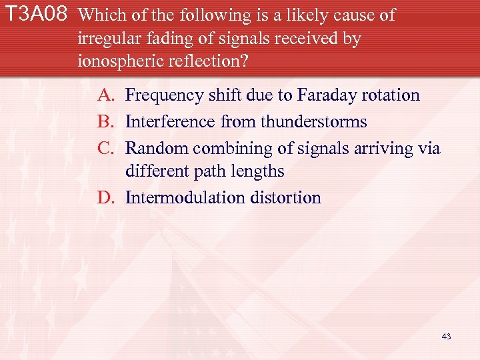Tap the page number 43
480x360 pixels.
446,337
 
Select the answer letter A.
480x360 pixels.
105,95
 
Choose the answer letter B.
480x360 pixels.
105,122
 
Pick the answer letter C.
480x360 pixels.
105,148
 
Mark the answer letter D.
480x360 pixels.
105,198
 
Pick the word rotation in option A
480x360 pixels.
390,95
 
